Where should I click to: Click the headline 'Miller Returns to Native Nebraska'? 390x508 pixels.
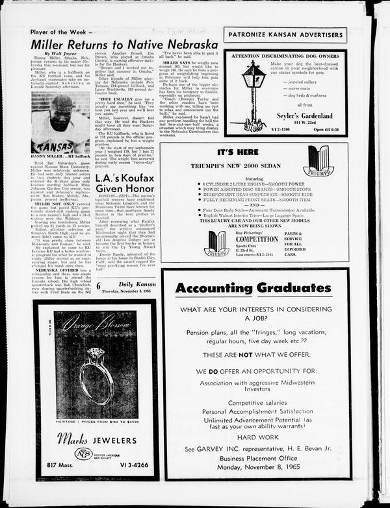coord(124,44)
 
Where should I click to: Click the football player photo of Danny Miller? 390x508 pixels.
coord(60,122)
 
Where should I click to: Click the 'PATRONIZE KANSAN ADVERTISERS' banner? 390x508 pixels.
coord(285,35)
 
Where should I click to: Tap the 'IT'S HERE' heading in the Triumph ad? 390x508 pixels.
coord(238,153)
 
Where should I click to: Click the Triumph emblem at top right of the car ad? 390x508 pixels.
coord(318,160)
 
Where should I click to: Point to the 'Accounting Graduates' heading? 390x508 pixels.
coord(257,287)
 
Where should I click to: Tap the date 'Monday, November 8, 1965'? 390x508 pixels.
coord(257,467)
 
